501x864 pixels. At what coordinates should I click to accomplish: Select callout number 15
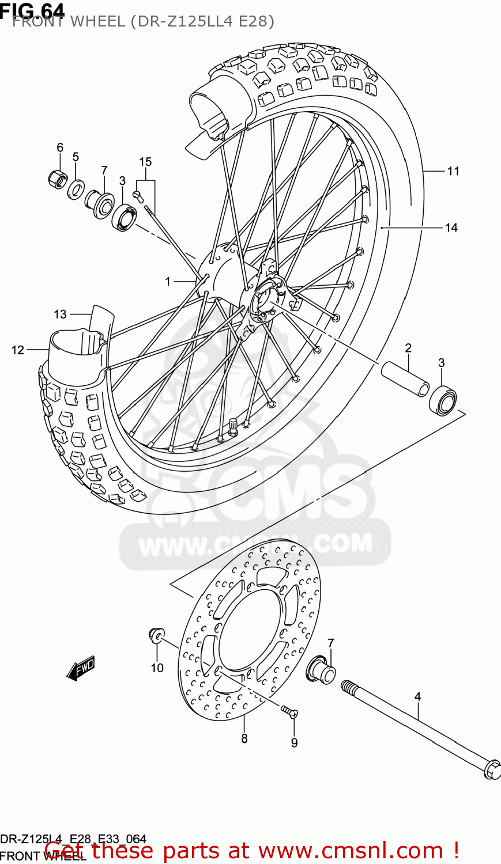145,162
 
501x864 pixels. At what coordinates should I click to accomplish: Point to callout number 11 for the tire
453,171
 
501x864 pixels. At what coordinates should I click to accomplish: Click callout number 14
451,228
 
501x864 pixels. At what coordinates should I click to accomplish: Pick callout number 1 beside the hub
168,282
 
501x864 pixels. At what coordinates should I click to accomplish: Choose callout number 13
61,314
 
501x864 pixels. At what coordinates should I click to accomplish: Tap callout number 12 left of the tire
18,350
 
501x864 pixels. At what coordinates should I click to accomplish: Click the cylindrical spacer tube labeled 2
405,378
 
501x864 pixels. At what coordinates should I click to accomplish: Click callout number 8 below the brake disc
244,738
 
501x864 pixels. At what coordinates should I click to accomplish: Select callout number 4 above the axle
417,697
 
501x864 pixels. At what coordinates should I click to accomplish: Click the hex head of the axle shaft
492,770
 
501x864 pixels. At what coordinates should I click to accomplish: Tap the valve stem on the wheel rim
233,425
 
